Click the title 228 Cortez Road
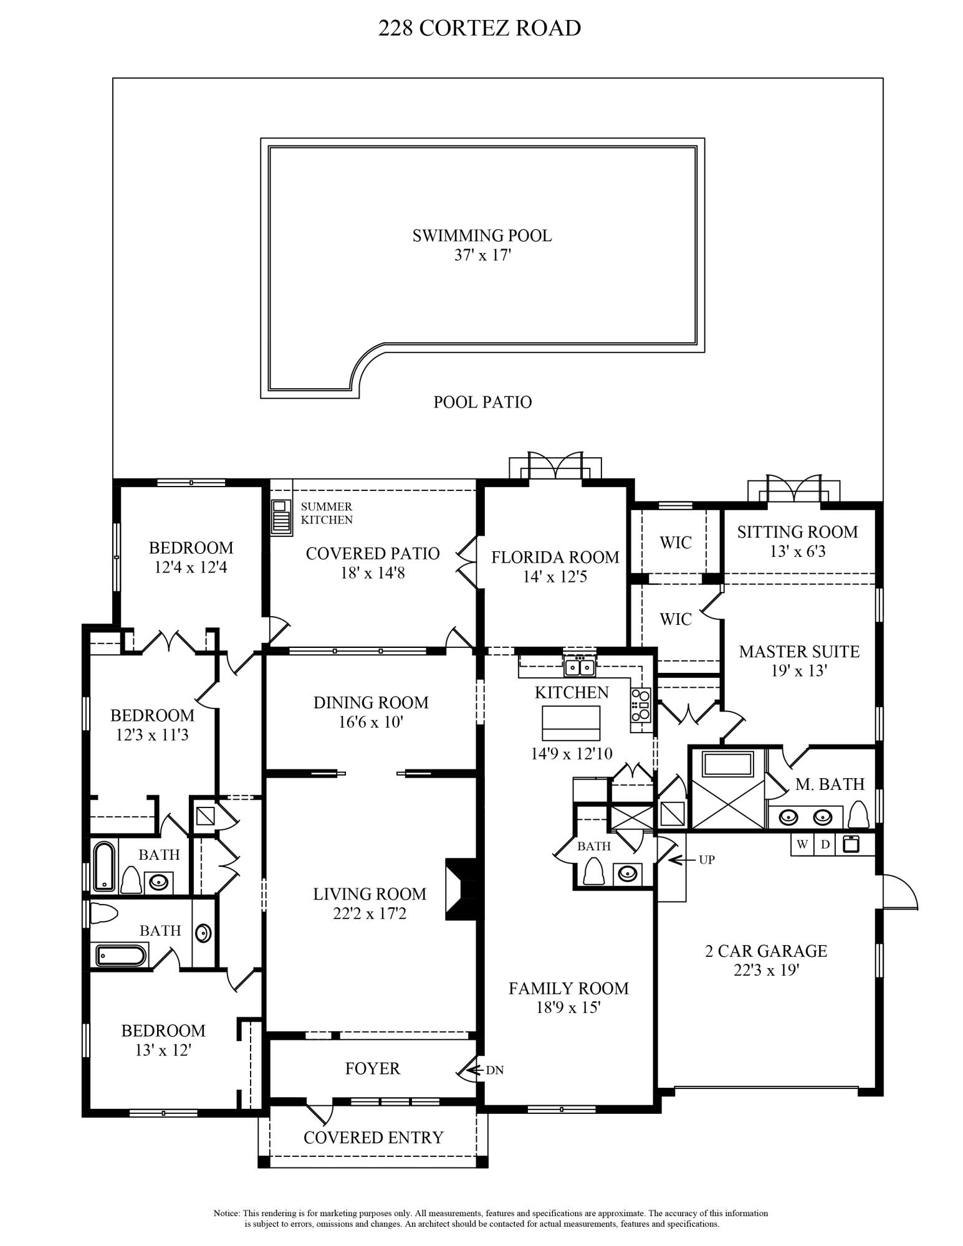[479, 28]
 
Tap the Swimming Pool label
[482, 236]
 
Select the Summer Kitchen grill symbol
[281, 517]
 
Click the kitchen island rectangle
[571, 721]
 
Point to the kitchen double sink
[580, 667]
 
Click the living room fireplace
[462, 889]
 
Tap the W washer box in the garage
[803, 845]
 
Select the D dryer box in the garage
[825, 845]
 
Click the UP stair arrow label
[706, 860]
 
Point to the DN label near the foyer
[494, 1070]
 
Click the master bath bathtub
[727, 764]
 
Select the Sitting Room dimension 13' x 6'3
[797, 551]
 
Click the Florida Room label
[555, 557]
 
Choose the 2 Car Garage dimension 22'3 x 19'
[765, 970]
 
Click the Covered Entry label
[373, 1138]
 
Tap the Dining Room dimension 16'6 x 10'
[371, 722]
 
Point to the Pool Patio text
[482, 402]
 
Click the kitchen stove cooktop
[640, 705]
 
